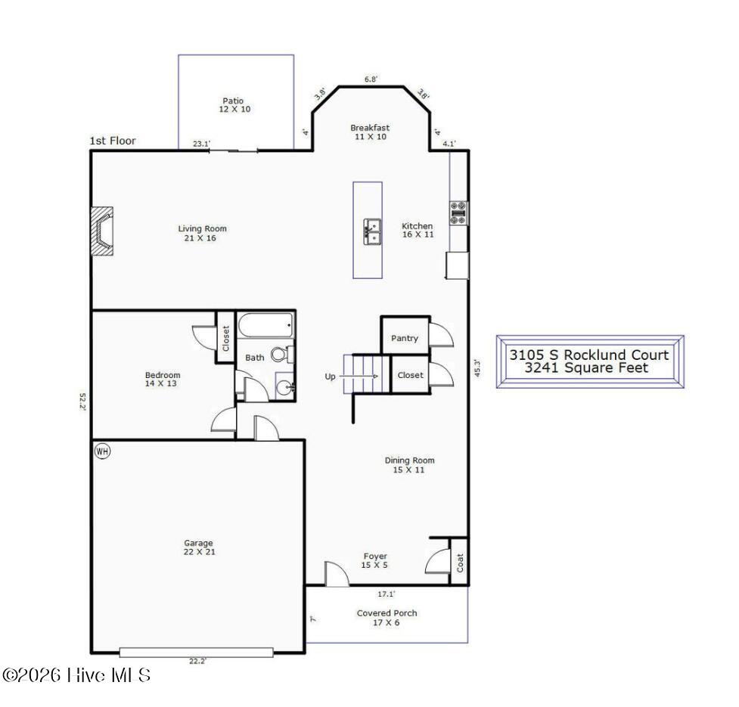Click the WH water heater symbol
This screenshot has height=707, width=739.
pos(102,451)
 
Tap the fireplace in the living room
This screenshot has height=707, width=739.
pos(102,231)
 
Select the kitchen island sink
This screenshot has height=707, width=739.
pos(372,231)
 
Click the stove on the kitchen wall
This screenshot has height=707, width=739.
pos(458,213)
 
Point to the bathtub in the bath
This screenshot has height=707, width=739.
pos(265,325)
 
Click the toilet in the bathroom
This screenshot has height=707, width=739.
pos(282,354)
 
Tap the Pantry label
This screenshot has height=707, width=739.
pos(405,338)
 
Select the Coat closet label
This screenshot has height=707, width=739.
pos(460,563)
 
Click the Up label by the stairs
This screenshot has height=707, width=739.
pos(330,377)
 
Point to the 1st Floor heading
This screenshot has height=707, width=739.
pos(113,141)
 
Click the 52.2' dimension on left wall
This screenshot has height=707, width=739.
pos(83,402)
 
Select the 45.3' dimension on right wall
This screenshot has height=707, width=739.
pos(477,367)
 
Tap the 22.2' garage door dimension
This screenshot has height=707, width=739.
pos(198,661)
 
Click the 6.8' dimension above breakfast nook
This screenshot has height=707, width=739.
pos(371,79)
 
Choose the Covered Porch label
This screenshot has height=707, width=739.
pos(387,613)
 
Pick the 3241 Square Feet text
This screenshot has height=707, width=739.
pos(587,367)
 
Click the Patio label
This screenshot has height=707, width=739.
pos(233,101)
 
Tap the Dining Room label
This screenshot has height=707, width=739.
pos(409,460)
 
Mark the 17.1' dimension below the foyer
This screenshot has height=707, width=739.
pos(387,594)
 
